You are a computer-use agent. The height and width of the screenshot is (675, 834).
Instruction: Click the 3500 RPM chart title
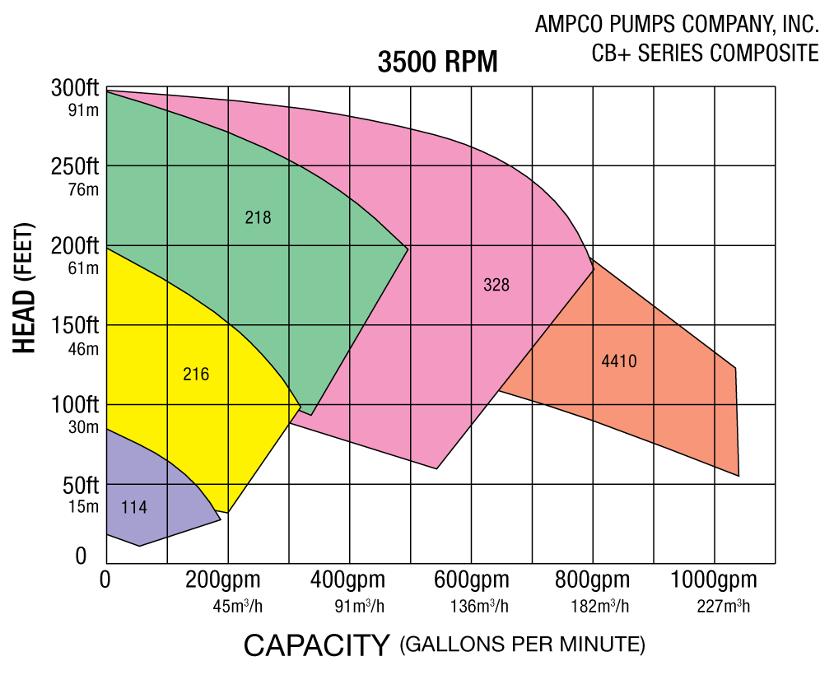point(437,63)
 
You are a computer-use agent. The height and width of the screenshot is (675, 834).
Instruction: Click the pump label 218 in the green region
point(258,218)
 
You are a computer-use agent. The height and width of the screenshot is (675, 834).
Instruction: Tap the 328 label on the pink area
point(496,286)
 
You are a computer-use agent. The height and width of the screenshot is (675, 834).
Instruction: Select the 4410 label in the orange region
point(619,361)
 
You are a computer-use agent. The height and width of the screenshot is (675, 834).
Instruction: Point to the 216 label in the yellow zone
point(196,375)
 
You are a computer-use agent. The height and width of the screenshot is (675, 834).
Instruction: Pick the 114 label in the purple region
point(134,508)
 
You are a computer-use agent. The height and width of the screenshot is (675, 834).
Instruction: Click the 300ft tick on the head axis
point(74,87)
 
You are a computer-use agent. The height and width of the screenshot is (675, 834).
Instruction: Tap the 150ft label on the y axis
point(74,326)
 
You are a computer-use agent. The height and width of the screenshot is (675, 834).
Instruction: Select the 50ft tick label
point(79,485)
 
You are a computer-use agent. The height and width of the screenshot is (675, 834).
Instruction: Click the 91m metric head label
point(83,109)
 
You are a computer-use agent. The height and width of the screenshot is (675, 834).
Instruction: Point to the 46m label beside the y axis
point(83,348)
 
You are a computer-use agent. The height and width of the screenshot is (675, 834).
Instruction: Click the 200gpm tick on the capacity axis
point(223,580)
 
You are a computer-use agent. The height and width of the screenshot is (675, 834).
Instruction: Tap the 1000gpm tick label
point(714,580)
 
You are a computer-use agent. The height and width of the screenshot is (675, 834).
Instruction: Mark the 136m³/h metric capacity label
point(479,607)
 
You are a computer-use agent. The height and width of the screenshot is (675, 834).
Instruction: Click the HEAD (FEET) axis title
point(26,288)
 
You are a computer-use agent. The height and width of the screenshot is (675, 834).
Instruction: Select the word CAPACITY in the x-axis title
point(316,645)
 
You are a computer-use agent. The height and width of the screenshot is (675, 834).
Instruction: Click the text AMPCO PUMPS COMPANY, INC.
point(677,25)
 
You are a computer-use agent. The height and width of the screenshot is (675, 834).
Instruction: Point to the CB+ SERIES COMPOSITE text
point(705,54)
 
